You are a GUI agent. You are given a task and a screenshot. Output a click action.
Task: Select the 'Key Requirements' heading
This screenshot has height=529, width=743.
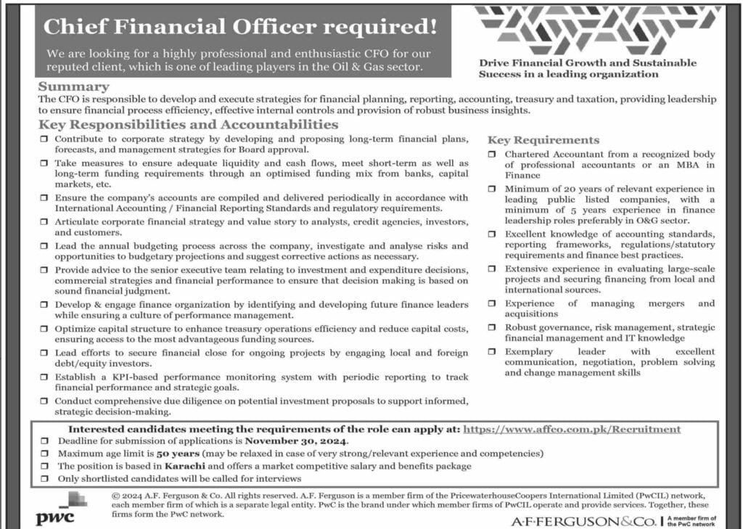543,140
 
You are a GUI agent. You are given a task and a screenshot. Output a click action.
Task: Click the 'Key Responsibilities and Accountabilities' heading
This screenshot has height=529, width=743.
189,125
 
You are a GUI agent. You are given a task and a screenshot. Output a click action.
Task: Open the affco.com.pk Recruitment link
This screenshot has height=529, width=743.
572,429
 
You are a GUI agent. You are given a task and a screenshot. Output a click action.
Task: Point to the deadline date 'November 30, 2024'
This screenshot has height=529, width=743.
296,441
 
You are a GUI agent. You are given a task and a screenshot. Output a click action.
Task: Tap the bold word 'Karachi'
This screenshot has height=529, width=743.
174,466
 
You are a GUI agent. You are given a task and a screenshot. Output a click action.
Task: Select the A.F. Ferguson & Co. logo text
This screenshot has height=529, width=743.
584,520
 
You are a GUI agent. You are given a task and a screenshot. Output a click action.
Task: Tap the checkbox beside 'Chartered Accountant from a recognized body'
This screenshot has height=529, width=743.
492,155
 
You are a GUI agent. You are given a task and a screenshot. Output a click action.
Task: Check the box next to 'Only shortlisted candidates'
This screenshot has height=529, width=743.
45,479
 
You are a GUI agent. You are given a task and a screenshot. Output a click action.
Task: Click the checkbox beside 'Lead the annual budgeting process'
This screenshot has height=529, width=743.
45,246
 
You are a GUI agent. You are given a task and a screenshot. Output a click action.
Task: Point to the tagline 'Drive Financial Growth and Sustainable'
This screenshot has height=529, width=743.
587,62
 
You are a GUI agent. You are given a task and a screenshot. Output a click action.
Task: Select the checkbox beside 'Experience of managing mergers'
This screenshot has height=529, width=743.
492,303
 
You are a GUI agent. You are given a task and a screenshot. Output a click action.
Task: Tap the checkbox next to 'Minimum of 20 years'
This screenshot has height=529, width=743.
492,189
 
